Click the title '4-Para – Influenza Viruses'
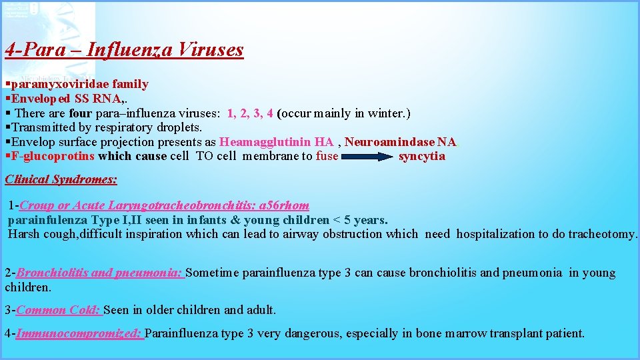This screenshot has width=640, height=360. [124, 50]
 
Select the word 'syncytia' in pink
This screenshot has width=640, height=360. [421, 157]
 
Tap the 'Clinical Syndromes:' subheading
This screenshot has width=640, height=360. [61, 179]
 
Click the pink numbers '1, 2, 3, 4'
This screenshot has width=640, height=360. [250, 113]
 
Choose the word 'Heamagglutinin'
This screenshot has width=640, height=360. [265, 142]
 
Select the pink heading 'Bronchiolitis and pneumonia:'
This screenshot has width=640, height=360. [100, 273]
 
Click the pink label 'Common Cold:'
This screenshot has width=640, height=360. [59, 310]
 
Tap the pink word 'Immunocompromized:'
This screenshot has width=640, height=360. [79, 333]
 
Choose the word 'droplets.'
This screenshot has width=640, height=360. [179, 127]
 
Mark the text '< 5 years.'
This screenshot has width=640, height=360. [360, 220]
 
